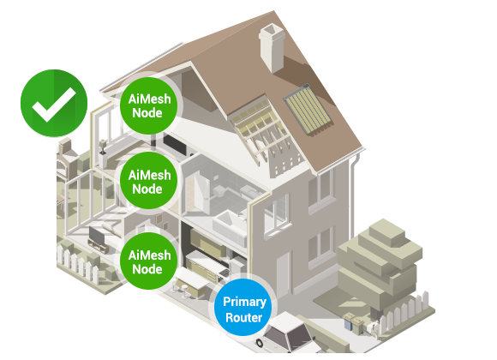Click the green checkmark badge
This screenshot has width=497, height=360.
54,103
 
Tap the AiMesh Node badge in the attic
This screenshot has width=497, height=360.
149,105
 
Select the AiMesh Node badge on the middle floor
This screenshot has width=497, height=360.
149,181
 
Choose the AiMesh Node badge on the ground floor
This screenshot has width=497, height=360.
149,261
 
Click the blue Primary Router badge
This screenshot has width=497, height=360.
243,309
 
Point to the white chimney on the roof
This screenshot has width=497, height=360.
272,48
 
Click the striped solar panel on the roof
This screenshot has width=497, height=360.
308,110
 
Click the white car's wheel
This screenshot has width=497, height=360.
260,343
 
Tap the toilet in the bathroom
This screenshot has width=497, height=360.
219,191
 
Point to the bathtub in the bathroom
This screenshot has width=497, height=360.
230,227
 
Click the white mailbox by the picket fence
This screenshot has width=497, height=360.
374,327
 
